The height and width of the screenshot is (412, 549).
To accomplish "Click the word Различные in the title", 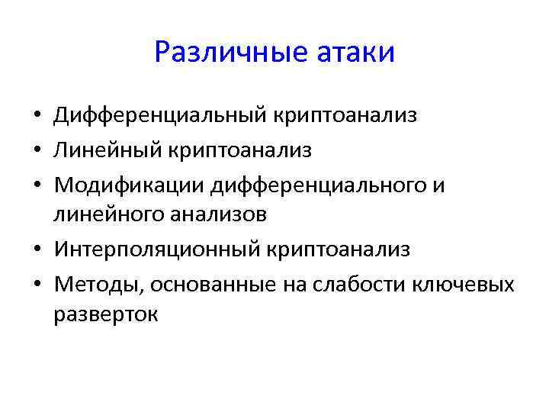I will tap(219, 53).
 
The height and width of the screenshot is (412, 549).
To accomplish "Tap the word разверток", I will tap(106, 314).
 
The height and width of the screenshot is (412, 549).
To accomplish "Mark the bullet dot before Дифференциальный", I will tap(37, 117).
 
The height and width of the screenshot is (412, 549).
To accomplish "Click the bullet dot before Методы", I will tap(37, 285).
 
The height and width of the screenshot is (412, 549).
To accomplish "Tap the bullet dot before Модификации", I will tap(37, 185).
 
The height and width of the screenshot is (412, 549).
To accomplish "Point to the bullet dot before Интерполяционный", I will tap(37, 250).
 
